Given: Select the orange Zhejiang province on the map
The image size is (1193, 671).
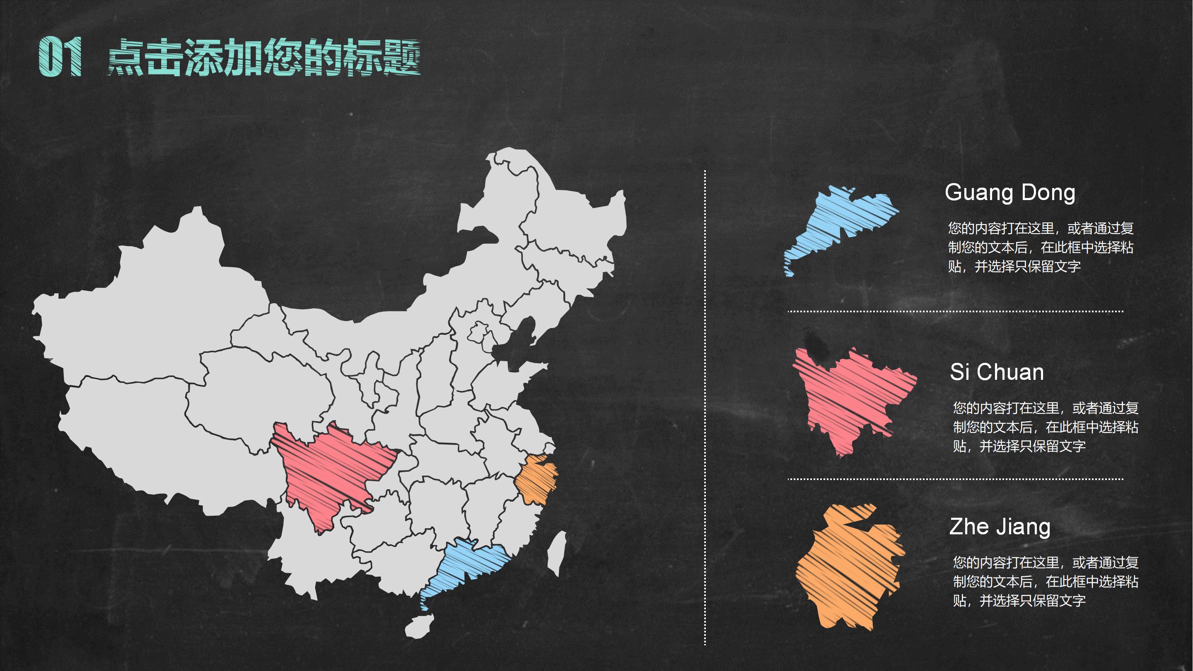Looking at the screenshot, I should tap(537, 479).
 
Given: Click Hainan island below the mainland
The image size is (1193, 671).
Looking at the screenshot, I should tap(420, 626).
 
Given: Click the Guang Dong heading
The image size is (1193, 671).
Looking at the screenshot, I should tap(1009, 193).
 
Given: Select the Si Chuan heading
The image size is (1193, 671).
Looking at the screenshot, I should tap(997, 372).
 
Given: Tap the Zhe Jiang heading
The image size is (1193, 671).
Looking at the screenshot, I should tap(1000, 527).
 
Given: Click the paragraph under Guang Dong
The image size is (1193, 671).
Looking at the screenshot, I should tap(1040, 247).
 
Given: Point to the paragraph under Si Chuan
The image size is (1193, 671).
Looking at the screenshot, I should tap(1045, 427).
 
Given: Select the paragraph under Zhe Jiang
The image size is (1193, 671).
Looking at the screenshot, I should tap(1045, 582).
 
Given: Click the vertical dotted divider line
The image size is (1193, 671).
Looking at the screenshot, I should tap(705, 408).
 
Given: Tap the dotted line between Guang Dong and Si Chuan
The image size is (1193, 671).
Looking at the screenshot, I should tap(955, 311).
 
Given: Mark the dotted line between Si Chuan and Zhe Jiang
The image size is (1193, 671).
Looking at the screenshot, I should tap(955, 479).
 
